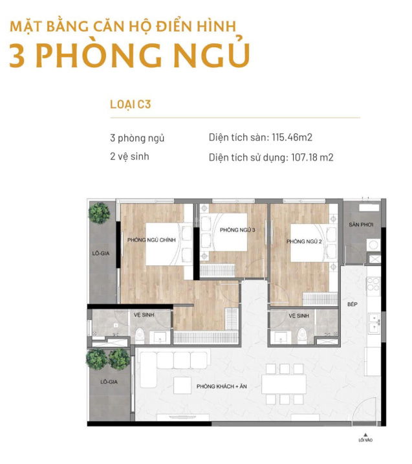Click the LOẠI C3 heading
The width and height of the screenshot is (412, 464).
[131, 104]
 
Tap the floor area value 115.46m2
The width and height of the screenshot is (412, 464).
[292, 137]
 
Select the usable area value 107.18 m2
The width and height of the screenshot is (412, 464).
[312, 157]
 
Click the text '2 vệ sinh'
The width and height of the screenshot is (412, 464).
[129, 156]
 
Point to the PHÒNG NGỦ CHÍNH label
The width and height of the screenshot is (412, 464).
[151, 239]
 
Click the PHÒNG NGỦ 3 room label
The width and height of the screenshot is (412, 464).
[237, 230]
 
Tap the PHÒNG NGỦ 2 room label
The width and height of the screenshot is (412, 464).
[304, 241]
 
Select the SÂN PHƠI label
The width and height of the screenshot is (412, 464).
[361, 225]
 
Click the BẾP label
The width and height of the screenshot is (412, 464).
[352, 304]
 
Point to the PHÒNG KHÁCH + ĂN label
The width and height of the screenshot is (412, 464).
[222, 386]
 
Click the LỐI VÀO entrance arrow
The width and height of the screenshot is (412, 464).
[365, 435]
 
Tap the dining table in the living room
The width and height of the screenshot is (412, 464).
[284, 384]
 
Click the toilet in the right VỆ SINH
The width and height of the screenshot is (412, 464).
[302, 335]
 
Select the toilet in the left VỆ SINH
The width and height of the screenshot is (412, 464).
[140, 336]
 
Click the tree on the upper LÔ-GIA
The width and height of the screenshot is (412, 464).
[100, 213]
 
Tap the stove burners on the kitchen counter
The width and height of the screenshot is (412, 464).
[373, 284]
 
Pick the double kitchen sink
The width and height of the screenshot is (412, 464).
[374, 323]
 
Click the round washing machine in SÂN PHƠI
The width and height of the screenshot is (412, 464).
[373, 245]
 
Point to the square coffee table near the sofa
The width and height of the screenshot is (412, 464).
[182, 385]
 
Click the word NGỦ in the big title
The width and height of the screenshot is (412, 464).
[211, 55]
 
